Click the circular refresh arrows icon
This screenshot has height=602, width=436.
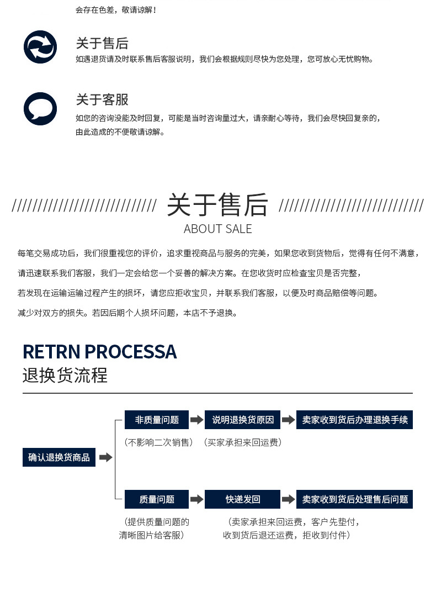tap(40, 47)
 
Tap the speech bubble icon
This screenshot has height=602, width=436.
tap(40, 109)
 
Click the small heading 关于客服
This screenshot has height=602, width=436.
tap(102, 99)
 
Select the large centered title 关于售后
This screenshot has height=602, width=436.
tap(217, 205)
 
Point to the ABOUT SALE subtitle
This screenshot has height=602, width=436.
tap(217, 229)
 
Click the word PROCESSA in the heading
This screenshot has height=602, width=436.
tap(131, 352)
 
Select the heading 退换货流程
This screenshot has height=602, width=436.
tap(65, 375)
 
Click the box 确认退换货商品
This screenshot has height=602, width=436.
tap(59, 457)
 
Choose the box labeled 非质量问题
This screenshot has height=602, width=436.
tap(157, 420)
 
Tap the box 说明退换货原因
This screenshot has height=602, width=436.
tap(243, 420)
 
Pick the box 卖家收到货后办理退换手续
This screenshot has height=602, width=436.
tap(354, 420)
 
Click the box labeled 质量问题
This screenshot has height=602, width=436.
tap(157, 499)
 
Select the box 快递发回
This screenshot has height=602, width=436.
tap(243, 499)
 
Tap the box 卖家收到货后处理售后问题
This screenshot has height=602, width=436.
tap(354, 499)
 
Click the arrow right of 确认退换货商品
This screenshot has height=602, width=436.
tap(105, 457)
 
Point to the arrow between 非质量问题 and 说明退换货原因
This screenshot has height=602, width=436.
tap(196, 420)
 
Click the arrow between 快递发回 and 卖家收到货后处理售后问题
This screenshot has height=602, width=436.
tap(288, 499)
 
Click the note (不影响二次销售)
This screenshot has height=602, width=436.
tap(158, 442)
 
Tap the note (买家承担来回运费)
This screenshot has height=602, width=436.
tap(243, 442)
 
